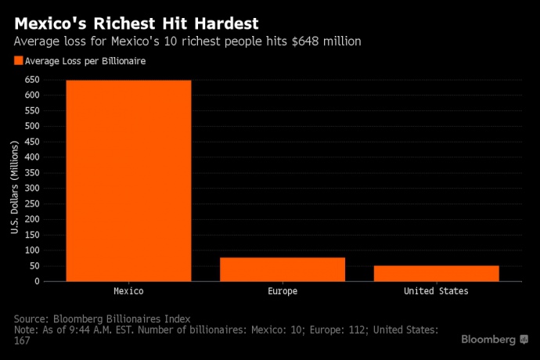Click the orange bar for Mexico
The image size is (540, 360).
click(128, 180)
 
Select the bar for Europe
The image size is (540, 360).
click(283, 268)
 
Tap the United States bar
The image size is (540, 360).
click(436, 272)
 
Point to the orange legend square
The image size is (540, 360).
click(18, 60)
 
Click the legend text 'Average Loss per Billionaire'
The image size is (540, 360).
click(85, 60)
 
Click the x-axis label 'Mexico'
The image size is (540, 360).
click(128, 291)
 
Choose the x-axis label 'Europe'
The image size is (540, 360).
click(283, 291)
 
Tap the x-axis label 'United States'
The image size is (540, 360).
click(436, 291)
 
